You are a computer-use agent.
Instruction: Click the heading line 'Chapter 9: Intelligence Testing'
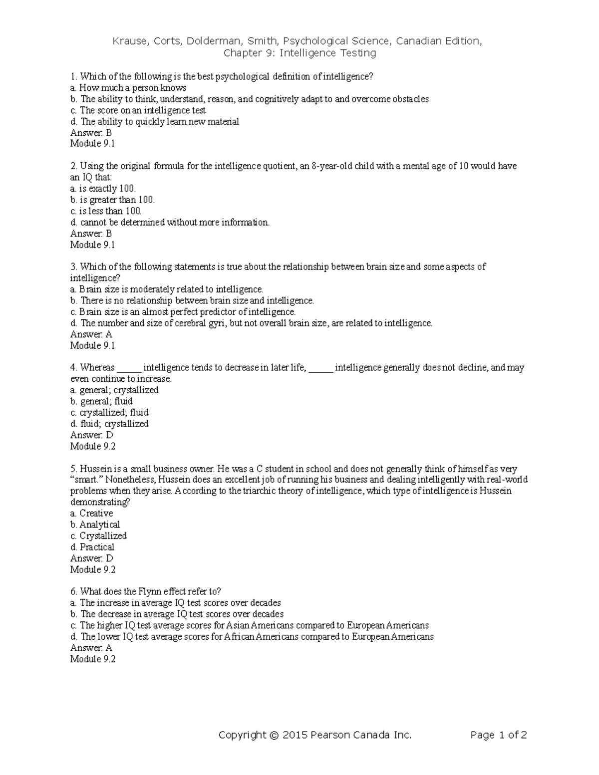[299, 53]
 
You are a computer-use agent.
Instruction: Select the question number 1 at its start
[73, 76]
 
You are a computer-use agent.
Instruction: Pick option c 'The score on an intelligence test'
[138, 110]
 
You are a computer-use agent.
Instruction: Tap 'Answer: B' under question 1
[91, 133]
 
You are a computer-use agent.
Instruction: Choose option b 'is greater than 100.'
[112, 200]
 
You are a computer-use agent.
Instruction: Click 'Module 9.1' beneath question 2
[93, 245]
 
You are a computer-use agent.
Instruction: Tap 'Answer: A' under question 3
[91, 334]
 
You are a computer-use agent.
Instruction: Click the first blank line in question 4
[129, 368]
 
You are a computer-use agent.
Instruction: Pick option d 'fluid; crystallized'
[109, 424]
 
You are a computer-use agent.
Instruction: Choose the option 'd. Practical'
[92, 547]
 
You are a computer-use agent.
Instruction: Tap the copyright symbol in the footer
[273, 735]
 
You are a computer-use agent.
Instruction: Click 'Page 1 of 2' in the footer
[499, 735]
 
